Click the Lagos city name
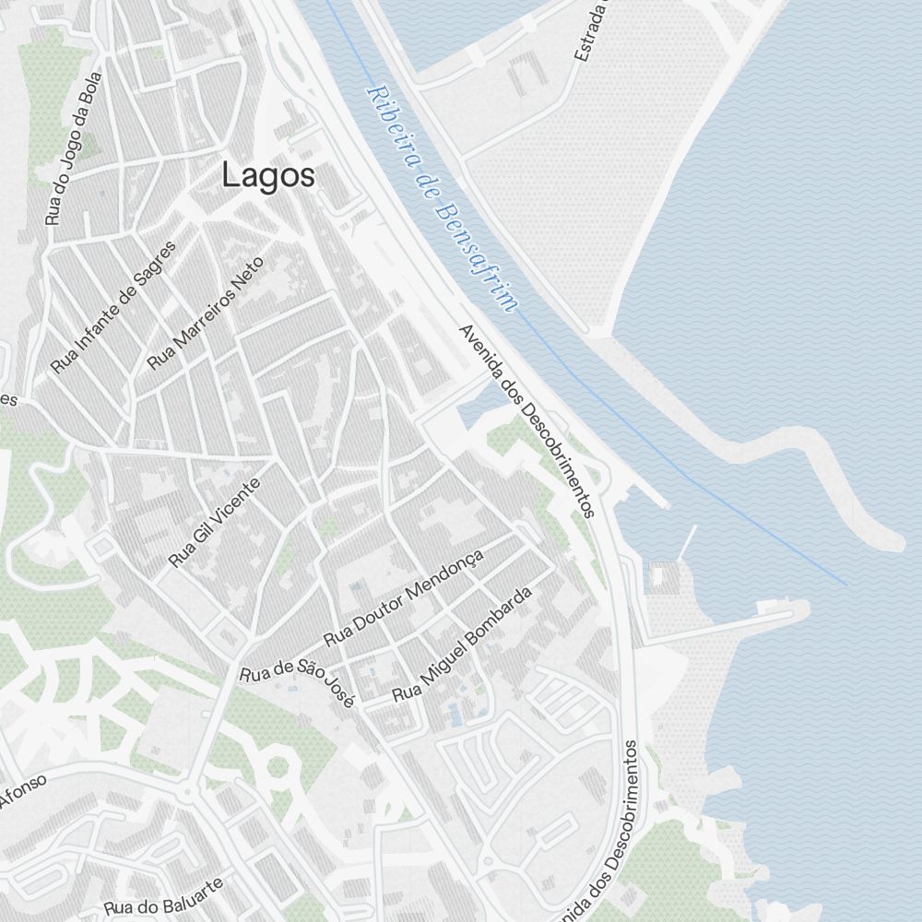click(268, 175)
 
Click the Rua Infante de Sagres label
click(112, 307)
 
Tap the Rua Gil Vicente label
click(215, 523)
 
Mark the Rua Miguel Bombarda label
click(463, 644)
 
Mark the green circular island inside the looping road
click(278, 766)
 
